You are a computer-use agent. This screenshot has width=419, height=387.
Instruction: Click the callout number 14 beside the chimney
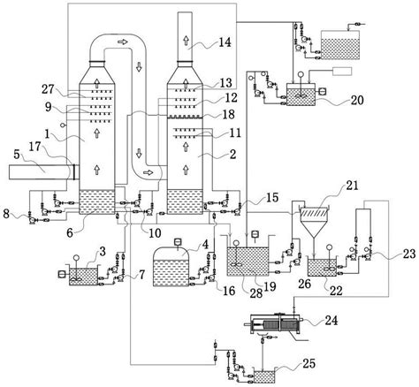coord(225,42)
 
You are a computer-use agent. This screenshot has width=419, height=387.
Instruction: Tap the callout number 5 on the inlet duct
coord(17,155)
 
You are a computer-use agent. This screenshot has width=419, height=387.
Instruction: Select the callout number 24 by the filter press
coord(331,320)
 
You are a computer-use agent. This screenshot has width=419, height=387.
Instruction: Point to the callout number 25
coord(309,363)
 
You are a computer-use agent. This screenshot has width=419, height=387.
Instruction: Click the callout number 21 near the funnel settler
coord(352,186)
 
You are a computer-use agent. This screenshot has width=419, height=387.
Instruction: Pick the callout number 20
coord(357,101)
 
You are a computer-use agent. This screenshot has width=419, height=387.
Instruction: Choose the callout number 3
coord(103,251)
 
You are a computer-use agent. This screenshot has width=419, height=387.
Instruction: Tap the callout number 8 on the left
coord(6,213)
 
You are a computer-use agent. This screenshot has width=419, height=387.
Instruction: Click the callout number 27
coord(48,88)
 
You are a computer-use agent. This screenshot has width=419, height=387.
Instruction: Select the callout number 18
coord(229,114)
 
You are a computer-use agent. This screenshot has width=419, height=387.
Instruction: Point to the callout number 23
coord(409,254)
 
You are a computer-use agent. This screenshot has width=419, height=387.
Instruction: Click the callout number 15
coord(272,197)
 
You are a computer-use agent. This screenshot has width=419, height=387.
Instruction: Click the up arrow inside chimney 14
coord(186,41)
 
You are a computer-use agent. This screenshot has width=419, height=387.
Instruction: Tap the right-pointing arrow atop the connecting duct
coord(123,42)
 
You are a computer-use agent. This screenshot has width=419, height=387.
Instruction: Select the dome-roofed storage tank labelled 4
coord(171,265)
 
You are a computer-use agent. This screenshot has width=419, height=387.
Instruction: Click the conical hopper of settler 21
coord(314,227)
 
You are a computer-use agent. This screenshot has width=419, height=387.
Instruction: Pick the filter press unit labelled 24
coord(273,323)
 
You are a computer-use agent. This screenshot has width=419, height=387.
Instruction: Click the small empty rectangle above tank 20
coord(342,72)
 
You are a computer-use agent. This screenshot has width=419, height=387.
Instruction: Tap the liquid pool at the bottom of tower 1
coord(97,202)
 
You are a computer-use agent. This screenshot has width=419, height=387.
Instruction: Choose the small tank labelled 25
coord(264,377)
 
